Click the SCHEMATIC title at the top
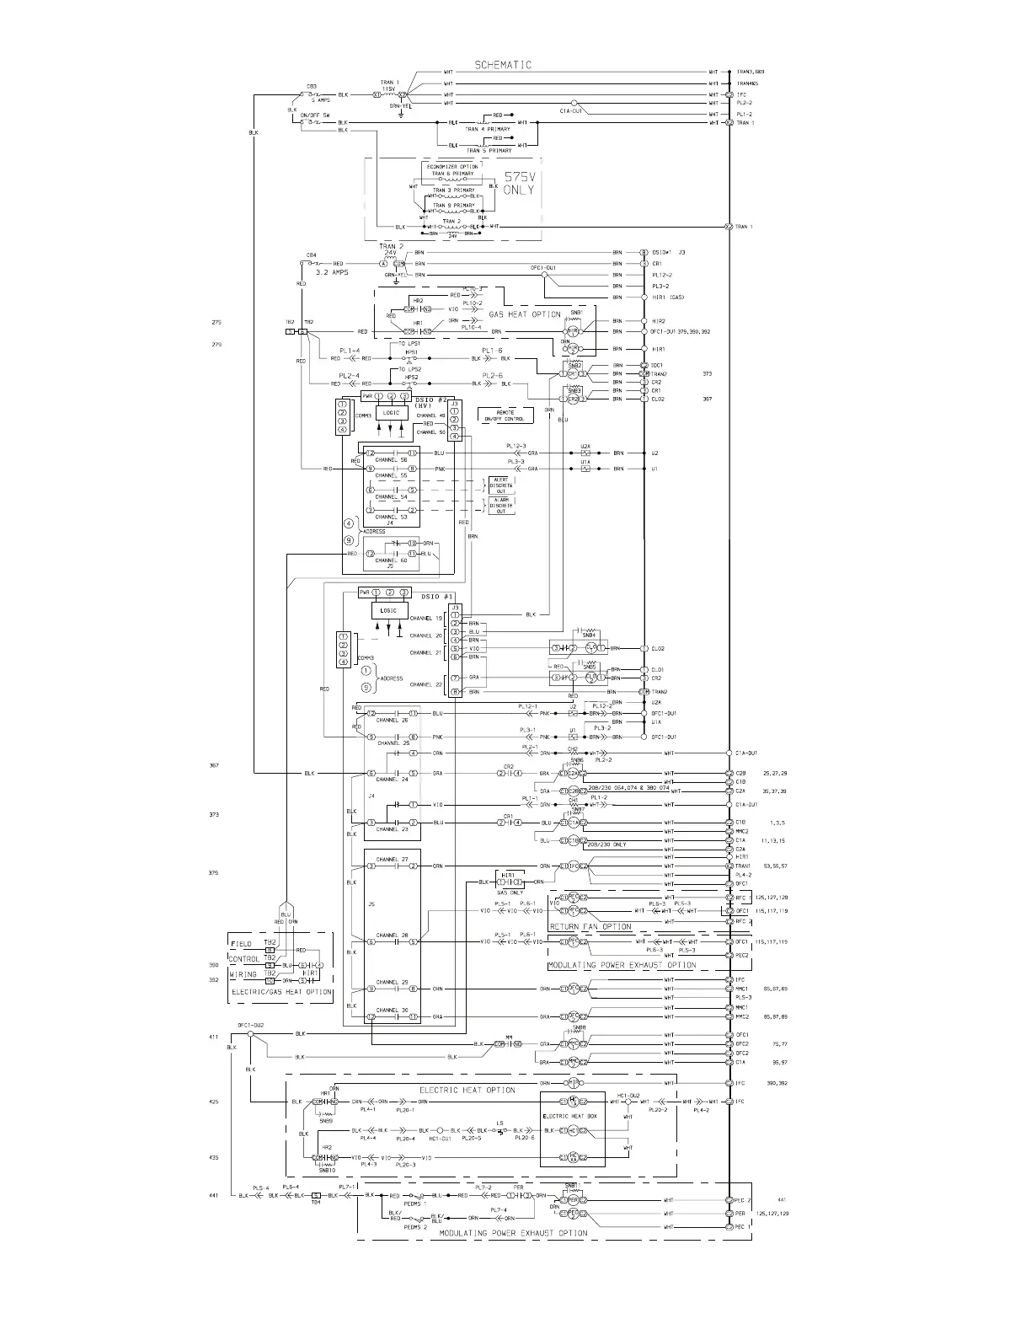click(503, 65)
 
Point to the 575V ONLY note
click(519, 184)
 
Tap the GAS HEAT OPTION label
click(525, 314)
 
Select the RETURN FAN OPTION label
click(590, 926)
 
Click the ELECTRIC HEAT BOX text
click(572, 1116)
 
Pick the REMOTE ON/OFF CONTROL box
click(504, 416)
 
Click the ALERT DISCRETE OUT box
click(500, 485)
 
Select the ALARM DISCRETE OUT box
click(500, 505)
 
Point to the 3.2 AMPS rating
click(333, 273)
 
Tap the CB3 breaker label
click(312, 85)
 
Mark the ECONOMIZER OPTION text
click(458, 166)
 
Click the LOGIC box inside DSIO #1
click(388, 610)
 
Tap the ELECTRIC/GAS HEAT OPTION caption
click(281, 992)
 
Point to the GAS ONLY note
click(510, 892)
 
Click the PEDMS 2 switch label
click(415, 1227)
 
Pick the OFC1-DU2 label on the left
click(250, 1025)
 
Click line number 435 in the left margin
click(214, 1158)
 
